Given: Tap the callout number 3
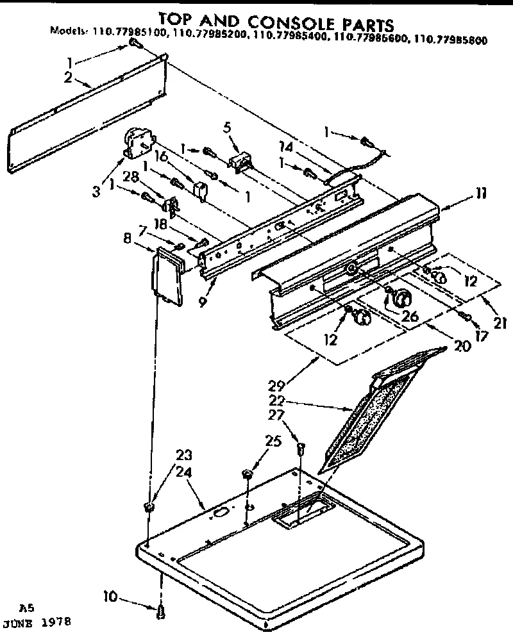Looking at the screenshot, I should point(97,191).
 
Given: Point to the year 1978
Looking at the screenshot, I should point(55,622).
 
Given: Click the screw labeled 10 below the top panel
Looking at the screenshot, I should point(160,611).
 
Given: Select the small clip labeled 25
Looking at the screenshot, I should point(247,475).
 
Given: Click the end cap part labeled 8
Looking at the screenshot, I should point(165,276).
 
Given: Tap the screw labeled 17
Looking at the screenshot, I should point(467,316).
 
